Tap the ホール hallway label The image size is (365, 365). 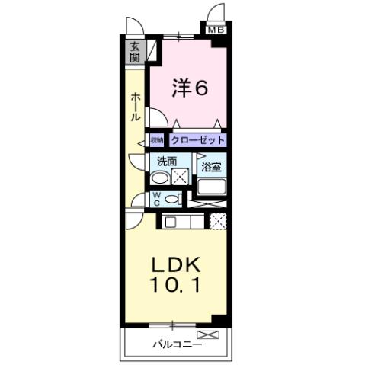click(135, 107)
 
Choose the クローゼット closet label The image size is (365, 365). click(197, 141)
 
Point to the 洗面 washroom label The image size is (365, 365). click(167, 162)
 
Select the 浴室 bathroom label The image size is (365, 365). click(211, 164)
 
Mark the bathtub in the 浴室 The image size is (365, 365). click(211, 187)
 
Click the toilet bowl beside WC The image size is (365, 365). click(173, 199)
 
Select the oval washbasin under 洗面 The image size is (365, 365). click(159, 178)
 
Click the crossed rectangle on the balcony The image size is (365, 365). click(207, 335)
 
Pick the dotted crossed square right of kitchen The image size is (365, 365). click(218, 222)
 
